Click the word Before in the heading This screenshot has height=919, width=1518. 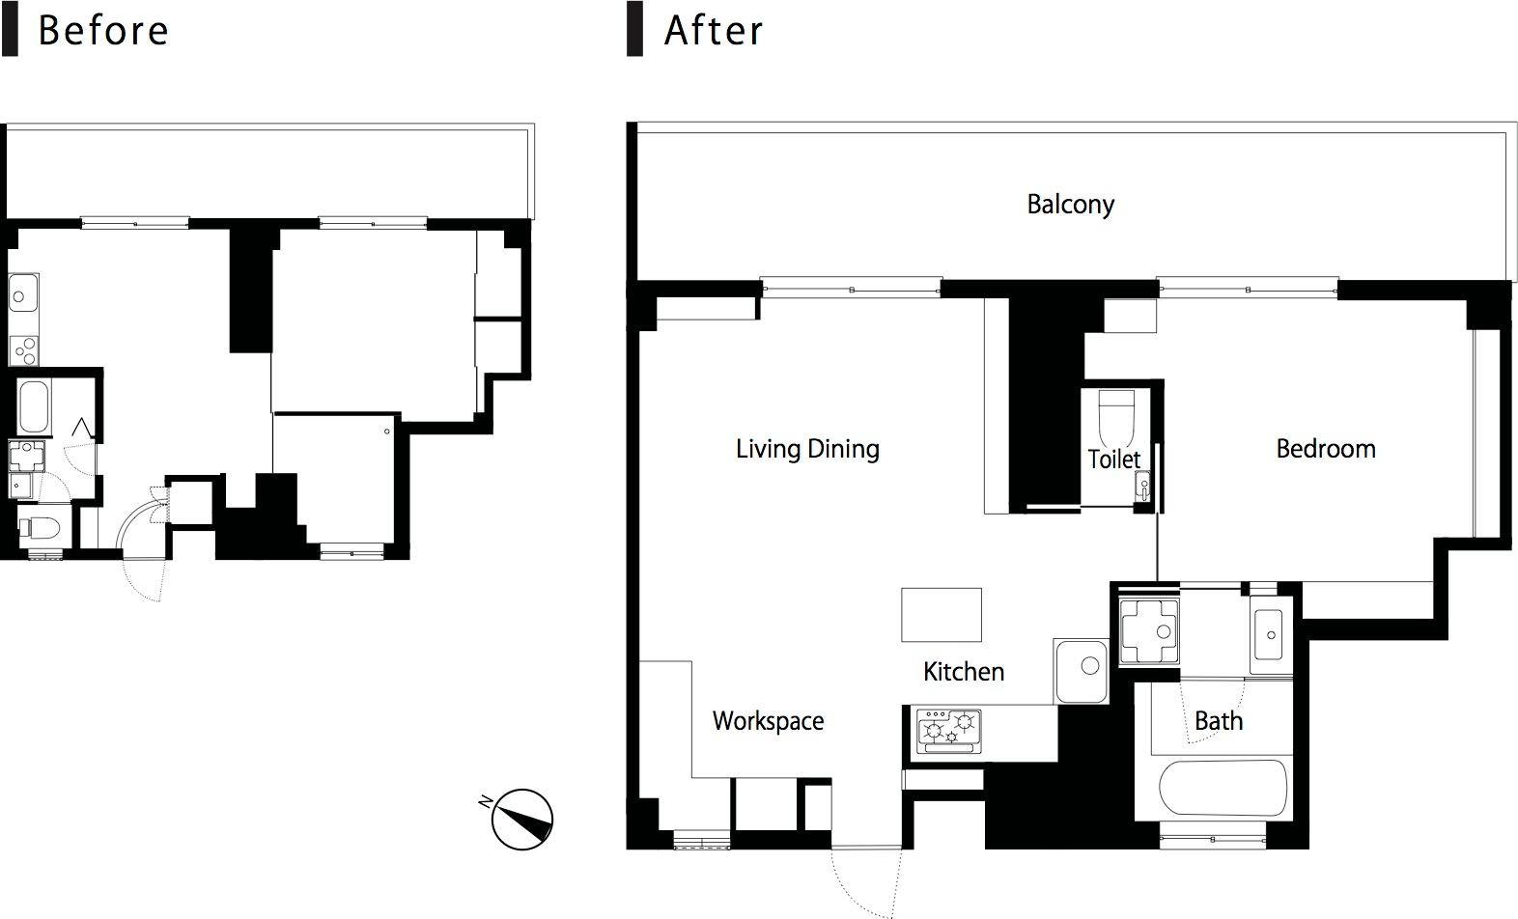pyautogui.click(x=103, y=31)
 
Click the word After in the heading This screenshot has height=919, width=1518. pyautogui.click(x=714, y=31)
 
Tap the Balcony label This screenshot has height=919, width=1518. pyautogui.click(x=1070, y=205)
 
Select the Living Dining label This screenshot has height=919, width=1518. pyautogui.click(x=807, y=449)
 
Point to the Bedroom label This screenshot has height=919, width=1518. pyautogui.click(x=1326, y=448)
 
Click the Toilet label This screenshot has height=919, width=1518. pyautogui.click(x=1113, y=459)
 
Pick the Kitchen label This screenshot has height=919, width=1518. pyautogui.click(x=963, y=672)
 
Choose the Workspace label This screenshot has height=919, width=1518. pyautogui.click(x=768, y=721)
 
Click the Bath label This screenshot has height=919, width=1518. pyautogui.click(x=1219, y=721)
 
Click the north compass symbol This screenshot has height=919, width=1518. pyautogui.click(x=521, y=819)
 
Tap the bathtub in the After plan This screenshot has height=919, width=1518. pyautogui.click(x=1223, y=788)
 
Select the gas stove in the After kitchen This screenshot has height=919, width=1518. pyautogui.click(x=948, y=731)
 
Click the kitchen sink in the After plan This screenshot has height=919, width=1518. pyautogui.click(x=1081, y=671)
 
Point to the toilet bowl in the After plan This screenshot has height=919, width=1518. pyautogui.click(x=1114, y=415)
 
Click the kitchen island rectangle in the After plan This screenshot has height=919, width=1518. pyautogui.click(x=942, y=615)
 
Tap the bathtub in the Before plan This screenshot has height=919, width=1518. pyautogui.click(x=33, y=407)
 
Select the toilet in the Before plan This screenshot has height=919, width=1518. pyautogui.click(x=40, y=528)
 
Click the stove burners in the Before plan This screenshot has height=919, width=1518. pyautogui.click(x=24, y=350)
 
